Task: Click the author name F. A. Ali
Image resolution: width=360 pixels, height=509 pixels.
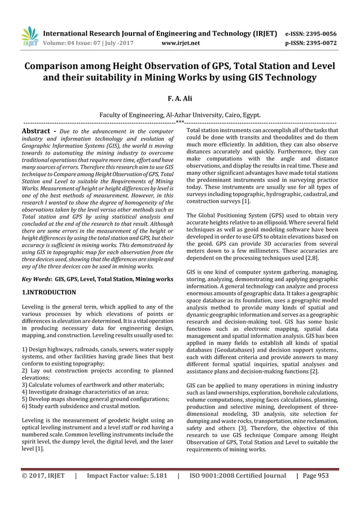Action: coord(180,98)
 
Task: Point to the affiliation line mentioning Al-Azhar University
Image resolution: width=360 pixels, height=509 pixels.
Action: coord(180,115)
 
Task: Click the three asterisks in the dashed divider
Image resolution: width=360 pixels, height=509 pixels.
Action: coord(179,122)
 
